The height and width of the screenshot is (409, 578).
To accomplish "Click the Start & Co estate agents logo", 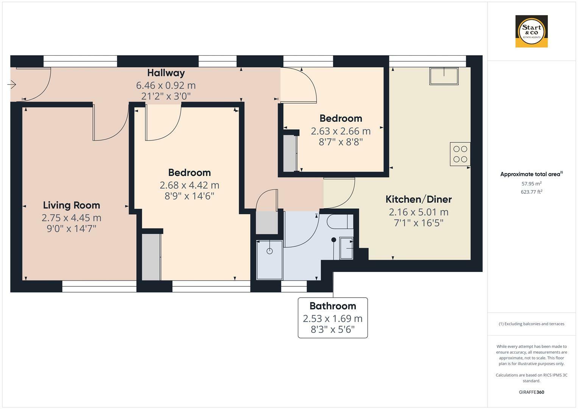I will [x=531, y=31].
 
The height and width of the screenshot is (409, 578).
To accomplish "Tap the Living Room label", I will [x=72, y=205].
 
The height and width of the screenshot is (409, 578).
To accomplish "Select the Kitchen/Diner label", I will [x=418, y=199].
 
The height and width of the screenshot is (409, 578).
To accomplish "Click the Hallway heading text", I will [x=166, y=73].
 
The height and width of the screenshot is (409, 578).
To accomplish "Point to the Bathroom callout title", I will [x=332, y=306].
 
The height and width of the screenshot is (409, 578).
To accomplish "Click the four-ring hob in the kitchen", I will [x=460, y=154].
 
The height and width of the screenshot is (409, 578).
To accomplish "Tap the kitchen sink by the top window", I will [x=444, y=76].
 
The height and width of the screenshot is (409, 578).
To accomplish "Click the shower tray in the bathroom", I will [x=270, y=260].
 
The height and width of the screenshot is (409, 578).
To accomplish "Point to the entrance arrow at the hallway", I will [x=12, y=84].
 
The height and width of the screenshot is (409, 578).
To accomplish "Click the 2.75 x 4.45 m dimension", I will [x=72, y=218].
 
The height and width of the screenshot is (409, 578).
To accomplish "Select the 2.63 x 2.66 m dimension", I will [x=341, y=131].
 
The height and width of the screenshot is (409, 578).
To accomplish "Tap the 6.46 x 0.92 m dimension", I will [x=166, y=85].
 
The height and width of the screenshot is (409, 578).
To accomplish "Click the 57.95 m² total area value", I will [x=531, y=184].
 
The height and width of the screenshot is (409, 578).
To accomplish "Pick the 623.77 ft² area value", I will [x=531, y=192].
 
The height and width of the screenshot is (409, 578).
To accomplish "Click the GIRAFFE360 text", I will [x=531, y=392].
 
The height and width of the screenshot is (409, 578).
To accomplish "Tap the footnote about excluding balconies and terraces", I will [x=531, y=324].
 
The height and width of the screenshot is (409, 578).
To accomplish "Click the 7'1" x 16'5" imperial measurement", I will [x=418, y=223].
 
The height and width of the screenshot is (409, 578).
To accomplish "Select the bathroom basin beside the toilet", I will [x=346, y=248].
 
